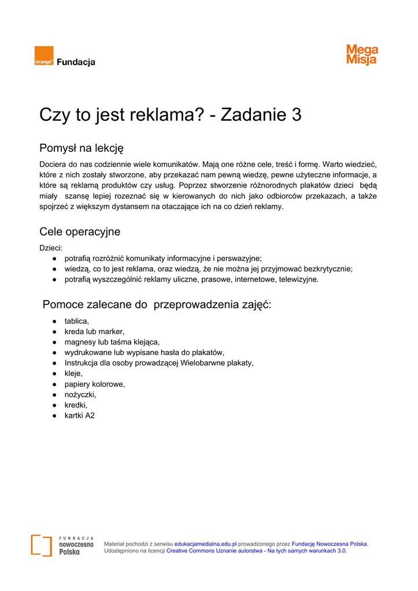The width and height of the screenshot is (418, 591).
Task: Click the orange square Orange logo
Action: [44, 56]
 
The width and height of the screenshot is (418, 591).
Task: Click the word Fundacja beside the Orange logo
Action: [76, 62]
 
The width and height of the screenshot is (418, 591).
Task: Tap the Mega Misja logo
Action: [362, 55]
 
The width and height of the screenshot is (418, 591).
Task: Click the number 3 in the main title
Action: [297, 115]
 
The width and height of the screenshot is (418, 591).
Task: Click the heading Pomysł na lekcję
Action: [82, 148]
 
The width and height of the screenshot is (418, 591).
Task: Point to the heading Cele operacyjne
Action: [80, 232]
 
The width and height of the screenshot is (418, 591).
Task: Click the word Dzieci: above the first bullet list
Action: [51, 248]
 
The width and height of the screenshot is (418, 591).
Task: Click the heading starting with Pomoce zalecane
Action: [157, 305]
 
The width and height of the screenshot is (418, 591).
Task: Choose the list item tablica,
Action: [77, 321]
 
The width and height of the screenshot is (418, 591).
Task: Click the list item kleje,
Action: [73, 373]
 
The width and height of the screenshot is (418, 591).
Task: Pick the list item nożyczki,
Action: [80, 394]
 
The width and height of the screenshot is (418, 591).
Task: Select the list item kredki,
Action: [76, 405]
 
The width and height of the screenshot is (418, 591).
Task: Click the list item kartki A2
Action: [79, 415]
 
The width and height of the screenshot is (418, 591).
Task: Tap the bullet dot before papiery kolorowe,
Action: [54, 384]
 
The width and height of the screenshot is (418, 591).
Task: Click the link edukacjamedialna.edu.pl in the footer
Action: [206, 544]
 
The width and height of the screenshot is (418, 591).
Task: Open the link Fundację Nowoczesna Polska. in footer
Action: [330, 544]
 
